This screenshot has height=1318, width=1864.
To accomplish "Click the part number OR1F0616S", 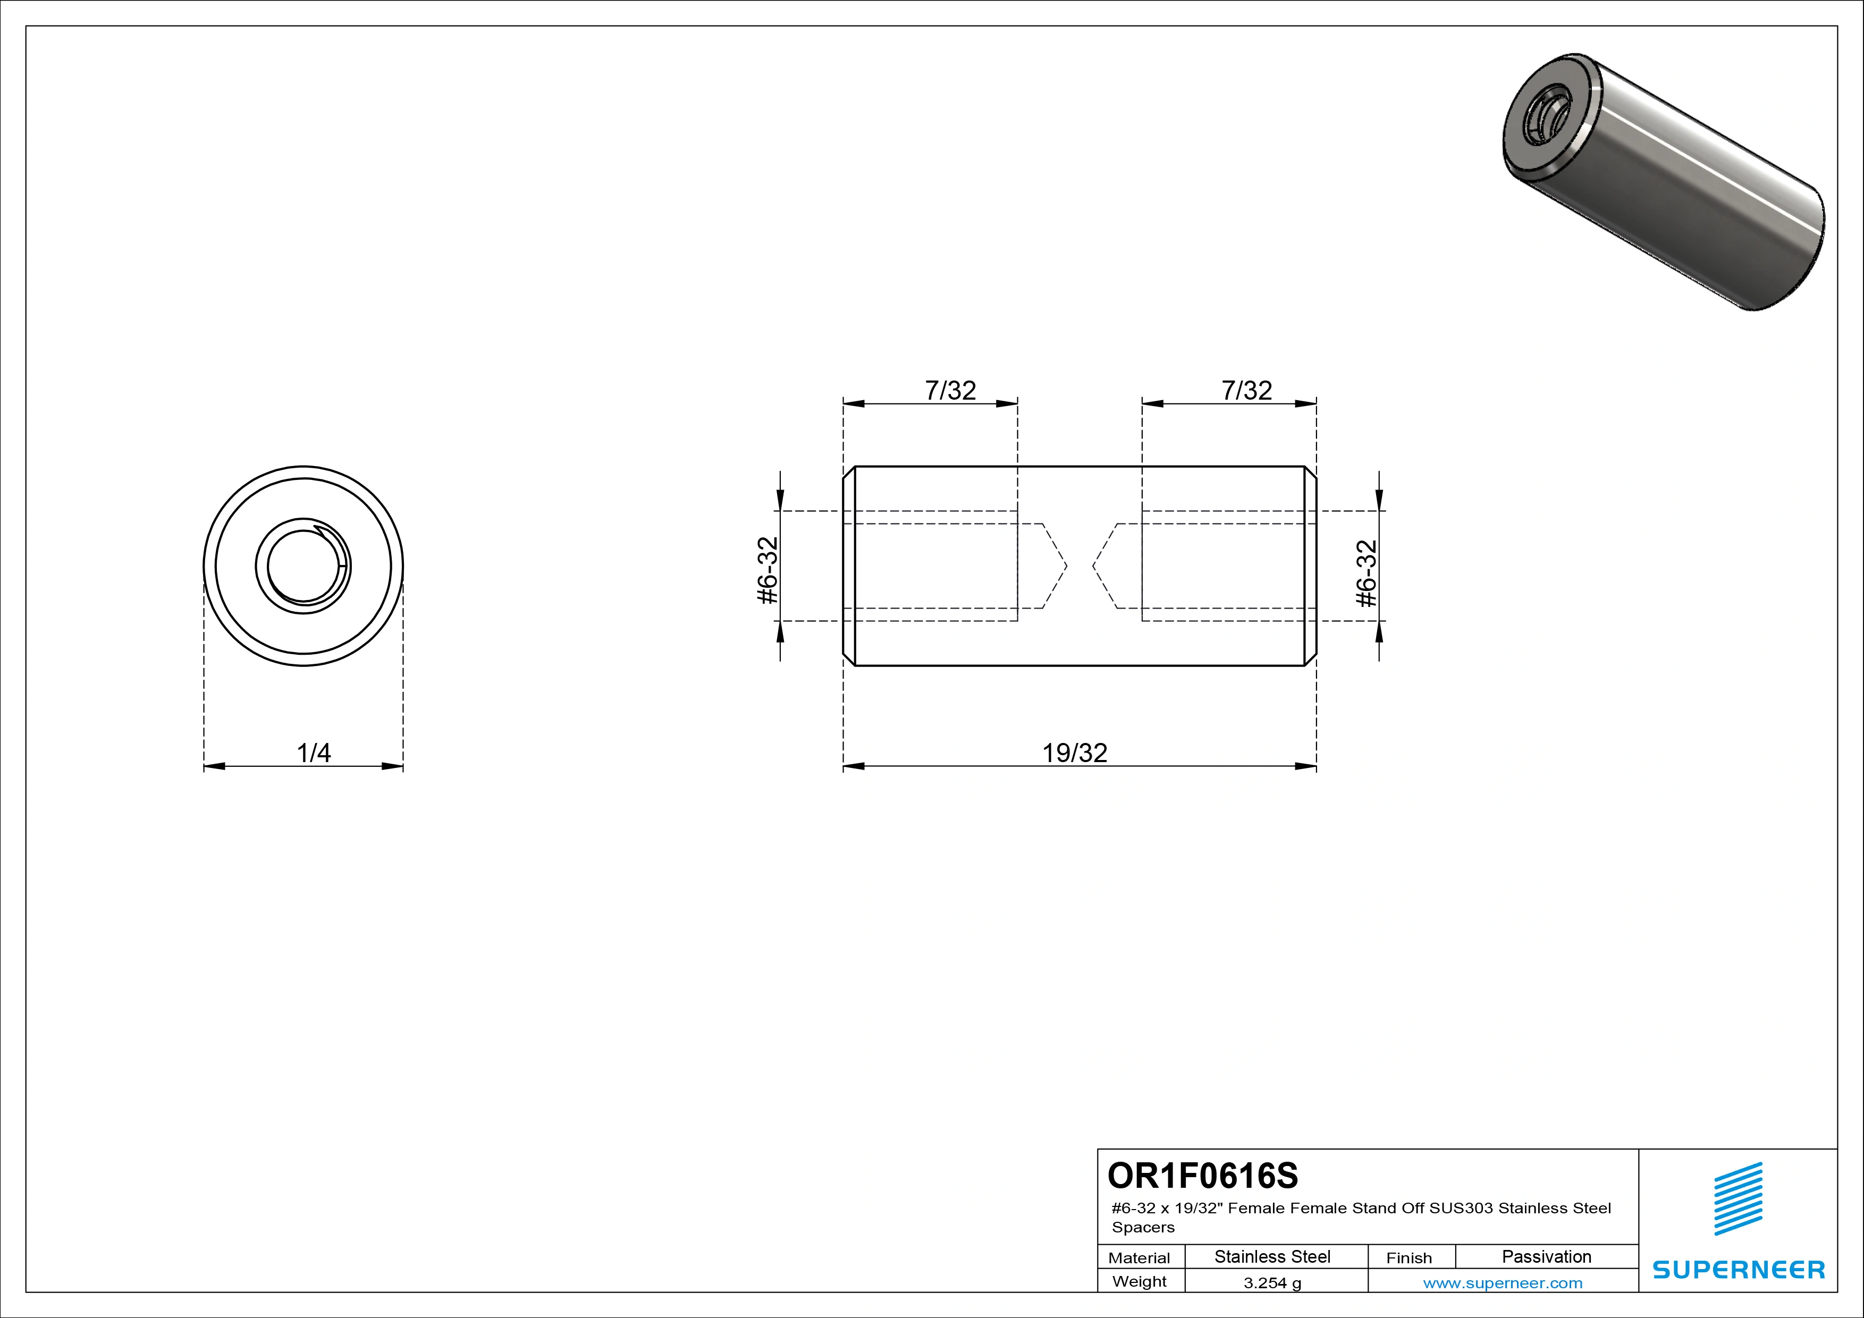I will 1202,1175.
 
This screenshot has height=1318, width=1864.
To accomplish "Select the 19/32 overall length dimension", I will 1074,753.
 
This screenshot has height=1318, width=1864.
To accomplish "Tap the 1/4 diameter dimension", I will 314,753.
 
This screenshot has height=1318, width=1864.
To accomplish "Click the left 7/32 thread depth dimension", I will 950,391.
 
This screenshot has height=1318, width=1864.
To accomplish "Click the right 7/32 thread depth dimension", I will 1246,391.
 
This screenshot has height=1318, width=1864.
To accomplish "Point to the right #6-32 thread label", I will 1367,573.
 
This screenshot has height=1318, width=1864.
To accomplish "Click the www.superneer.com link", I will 1503,1283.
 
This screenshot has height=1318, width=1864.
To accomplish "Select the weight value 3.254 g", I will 1272,1283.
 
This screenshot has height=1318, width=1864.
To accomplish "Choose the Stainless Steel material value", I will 1272,1256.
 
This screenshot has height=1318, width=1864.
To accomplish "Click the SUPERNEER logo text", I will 1738,1269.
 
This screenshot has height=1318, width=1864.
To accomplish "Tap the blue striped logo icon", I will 1738,1199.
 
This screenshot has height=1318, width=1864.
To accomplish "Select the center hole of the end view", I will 303,565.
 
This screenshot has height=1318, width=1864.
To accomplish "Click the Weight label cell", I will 1139,1281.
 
